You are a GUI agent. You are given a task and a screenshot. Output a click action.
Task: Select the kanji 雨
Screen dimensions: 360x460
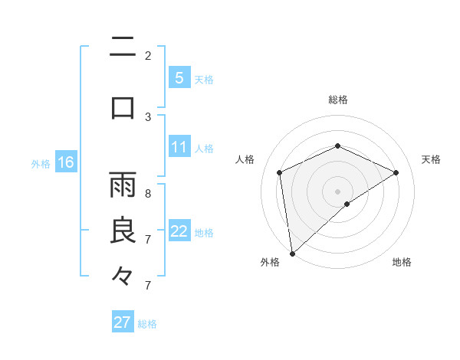(123, 185)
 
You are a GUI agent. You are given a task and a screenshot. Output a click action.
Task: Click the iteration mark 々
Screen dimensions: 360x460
(123, 275)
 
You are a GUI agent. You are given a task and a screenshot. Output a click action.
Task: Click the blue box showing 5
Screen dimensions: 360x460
(179, 77)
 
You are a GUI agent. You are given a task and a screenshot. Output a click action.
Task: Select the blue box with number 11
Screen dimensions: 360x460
(179, 147)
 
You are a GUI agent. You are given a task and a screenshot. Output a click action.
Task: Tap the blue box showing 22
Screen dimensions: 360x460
(179, 231)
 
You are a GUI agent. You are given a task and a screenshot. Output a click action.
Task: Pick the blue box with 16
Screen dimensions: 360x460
(65, 162)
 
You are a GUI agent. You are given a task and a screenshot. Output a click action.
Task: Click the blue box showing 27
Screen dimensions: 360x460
(122, 322)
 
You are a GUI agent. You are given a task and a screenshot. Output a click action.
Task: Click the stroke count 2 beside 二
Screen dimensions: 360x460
(148, 55)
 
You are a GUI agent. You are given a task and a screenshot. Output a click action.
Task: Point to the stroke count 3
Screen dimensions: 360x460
(148, 116)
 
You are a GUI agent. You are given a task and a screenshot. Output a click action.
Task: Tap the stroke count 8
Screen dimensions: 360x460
(148, 194)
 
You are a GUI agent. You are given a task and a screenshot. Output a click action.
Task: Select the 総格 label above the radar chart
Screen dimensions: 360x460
(338, 100)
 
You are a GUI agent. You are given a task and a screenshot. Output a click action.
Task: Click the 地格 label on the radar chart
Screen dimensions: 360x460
(402, 263)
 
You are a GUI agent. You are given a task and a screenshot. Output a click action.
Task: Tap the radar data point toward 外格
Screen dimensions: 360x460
(292, 253)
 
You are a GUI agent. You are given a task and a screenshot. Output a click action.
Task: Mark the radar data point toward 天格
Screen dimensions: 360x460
(396, 172)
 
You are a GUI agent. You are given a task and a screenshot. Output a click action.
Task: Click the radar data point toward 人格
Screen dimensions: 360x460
(280, 172)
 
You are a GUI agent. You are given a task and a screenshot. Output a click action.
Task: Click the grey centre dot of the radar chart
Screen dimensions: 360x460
(338, 191)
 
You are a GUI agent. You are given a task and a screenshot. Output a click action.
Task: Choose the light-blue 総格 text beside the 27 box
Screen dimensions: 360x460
(147, 324)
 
